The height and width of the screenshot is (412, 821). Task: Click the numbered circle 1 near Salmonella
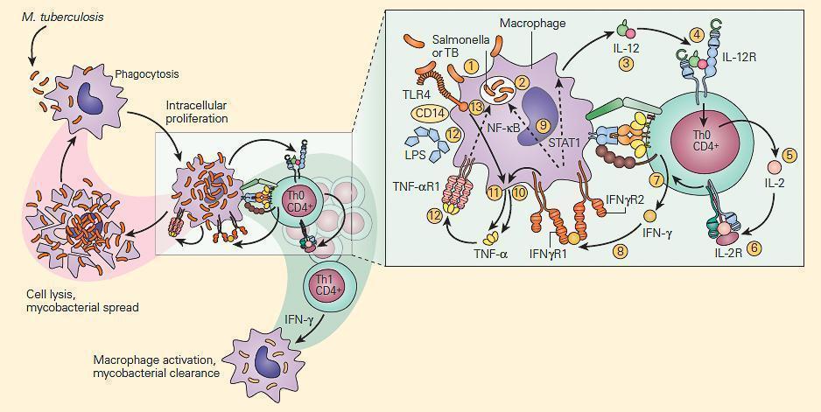click(x=472, y=66)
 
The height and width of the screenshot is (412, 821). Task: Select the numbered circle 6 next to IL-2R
click(x=754, y=248)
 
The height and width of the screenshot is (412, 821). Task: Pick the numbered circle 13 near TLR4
click(x=475, y=107)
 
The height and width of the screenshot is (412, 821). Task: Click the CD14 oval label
click(x=426, y=112)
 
